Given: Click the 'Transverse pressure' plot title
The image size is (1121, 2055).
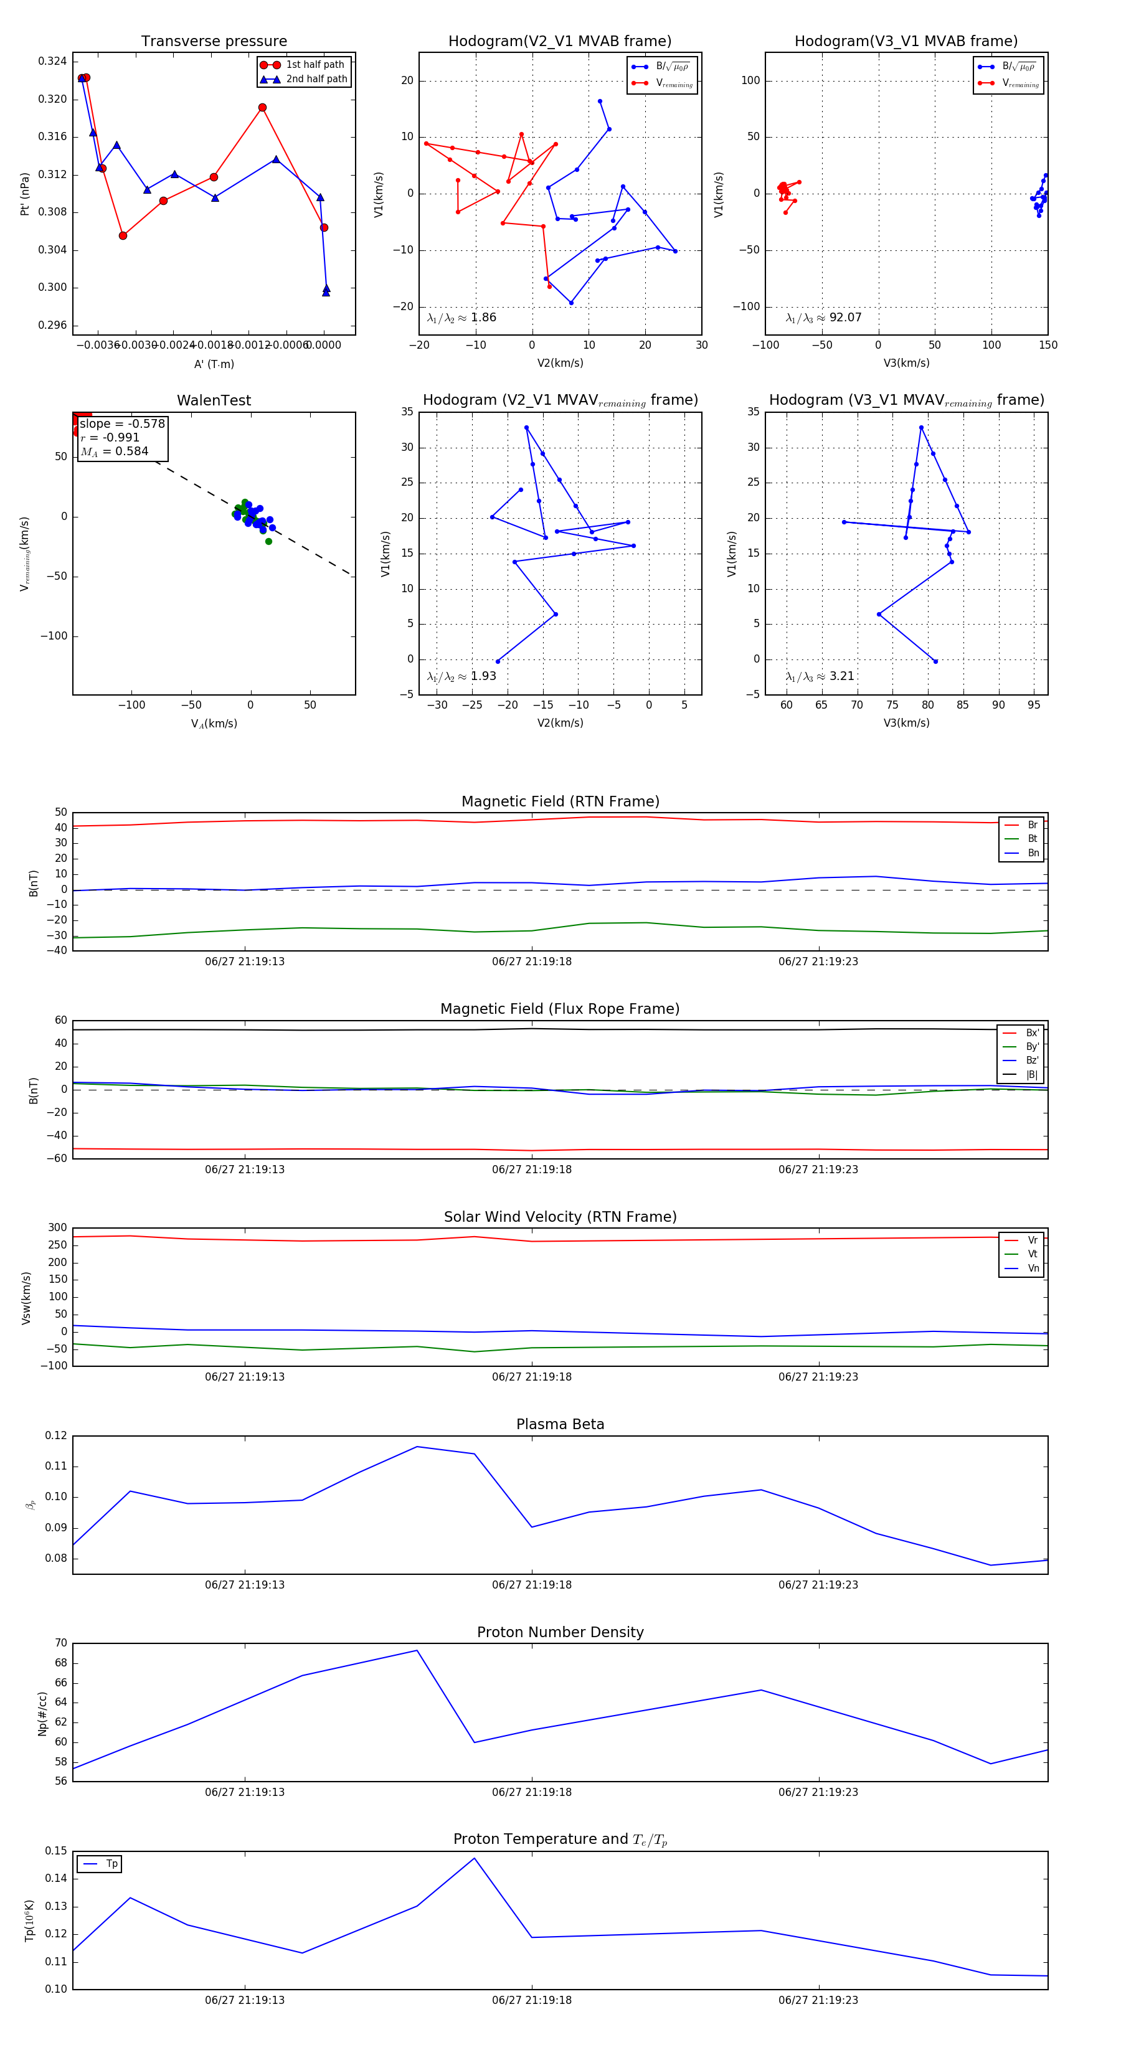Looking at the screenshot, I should tap(214, 42).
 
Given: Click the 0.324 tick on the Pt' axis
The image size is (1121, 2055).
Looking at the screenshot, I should tap(53, 62).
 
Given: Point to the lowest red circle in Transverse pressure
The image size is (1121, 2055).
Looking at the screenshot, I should tap(123, 235).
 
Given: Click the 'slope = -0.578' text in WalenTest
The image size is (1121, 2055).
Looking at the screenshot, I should tap(122, 423).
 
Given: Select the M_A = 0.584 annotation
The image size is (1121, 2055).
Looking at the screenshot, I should tap(114, 451).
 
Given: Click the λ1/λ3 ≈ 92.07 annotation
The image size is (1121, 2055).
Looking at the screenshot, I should tap(823, 318).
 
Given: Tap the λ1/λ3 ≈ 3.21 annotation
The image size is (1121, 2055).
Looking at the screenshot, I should tap(820, 676).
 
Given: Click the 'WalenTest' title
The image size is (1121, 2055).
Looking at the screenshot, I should tap(214, 400).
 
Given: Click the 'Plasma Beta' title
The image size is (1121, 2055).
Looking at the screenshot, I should tap(560, 1424).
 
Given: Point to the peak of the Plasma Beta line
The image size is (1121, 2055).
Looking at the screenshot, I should tap(417, 1447).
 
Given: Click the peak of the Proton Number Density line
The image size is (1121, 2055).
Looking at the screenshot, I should tap(417, 1651).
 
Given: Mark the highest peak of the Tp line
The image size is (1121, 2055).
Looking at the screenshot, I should tap(475, 1858).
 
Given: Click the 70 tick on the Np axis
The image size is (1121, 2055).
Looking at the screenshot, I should tap(60, 1643).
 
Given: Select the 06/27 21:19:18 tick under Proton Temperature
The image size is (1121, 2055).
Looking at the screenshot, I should tap(531, 2000).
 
